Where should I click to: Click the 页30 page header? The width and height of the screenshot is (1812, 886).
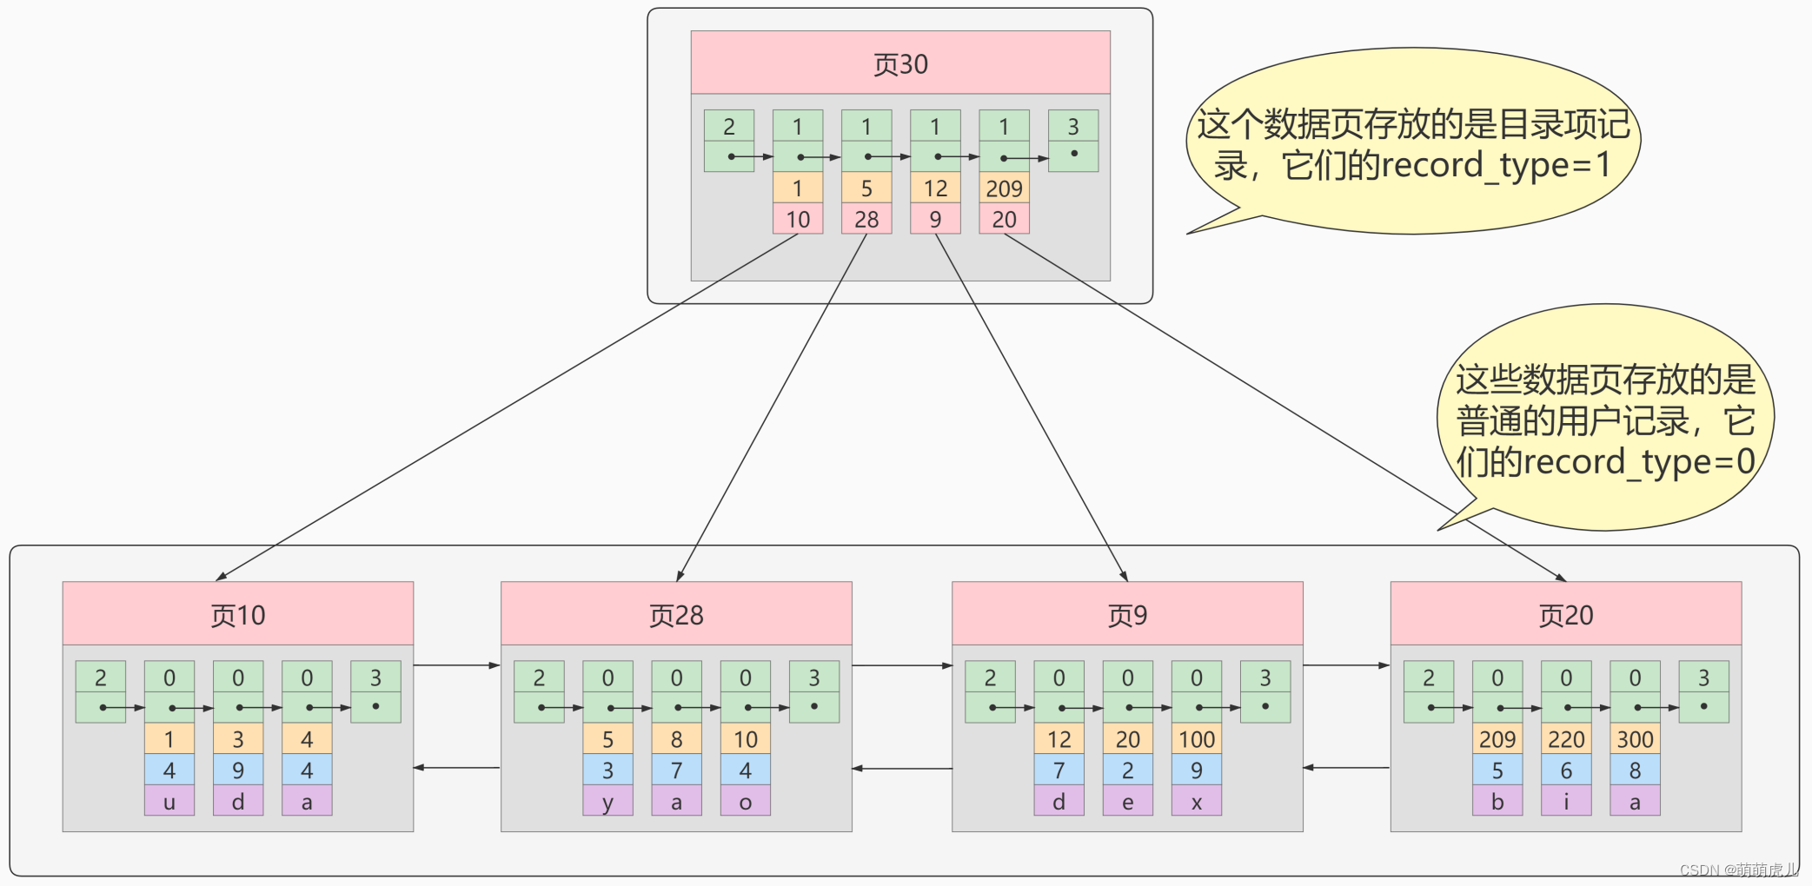pyautogui.click(x=900, y=63)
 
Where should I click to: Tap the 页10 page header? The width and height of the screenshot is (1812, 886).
pyautogui.click(x=237, y=614)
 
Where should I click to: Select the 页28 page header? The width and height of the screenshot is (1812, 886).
pyautogui.click(x=676, y=614)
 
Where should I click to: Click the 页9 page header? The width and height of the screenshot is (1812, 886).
pyautogui.click(x=1127, y=614)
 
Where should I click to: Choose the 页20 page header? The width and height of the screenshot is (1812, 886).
pyautogui.click(x=1565, y=614)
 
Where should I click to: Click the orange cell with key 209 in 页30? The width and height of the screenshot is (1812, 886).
pyautogui.click(x=1004, y=188)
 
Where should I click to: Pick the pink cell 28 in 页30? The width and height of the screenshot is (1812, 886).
pyautogui.click(x=866, y=219)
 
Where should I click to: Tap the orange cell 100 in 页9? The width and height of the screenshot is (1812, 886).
pyautogui.click(x=1196, y=739)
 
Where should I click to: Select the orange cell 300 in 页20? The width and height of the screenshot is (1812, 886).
pyautogui.click(x=1635, y=739)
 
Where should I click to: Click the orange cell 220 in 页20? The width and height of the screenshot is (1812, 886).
pyautogui.click(x=1566, y=739)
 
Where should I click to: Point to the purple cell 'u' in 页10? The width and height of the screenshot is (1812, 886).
pyautogui.click(x=169, y=801)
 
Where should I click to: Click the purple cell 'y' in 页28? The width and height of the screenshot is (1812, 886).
pyautogui.click(x=607, y=801)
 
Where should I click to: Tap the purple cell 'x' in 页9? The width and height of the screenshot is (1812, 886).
pyautogui.click(x=1196, y=801)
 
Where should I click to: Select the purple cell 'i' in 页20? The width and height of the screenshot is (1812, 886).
pyautogui.click(x=1566, y=801)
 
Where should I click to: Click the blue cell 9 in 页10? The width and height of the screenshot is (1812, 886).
pyautogui.click(x=238, y=770)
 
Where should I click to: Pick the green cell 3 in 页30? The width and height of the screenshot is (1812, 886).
pyautogui.click(x=1073, y=127)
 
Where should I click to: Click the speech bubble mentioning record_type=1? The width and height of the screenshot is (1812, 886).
pyautogui.click(x=1412, y=143)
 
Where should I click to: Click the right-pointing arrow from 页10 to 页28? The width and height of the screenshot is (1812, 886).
pyautogui.click(x=457, y=665)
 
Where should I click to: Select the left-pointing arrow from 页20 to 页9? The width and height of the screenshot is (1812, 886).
pyautogui.click(x=1346, y=767)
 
